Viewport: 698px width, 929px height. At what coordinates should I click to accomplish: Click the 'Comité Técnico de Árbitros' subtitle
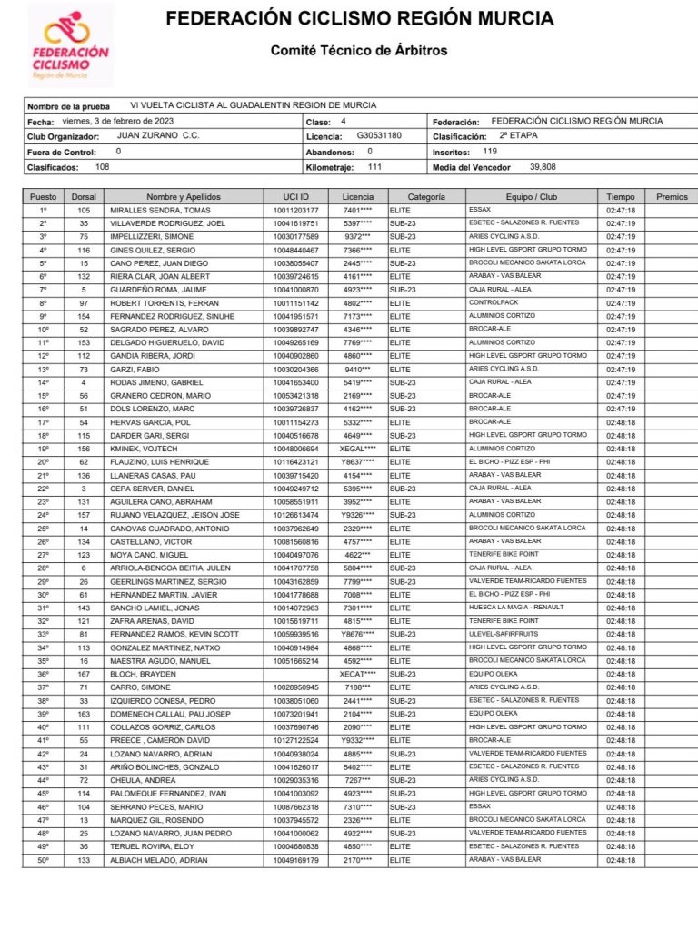tap(359, 51)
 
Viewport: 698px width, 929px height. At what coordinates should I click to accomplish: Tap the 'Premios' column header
tap(672, 196)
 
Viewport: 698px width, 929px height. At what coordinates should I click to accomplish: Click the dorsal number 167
tap(84, 675)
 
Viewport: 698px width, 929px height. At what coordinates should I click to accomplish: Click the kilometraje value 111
tap(374, 167)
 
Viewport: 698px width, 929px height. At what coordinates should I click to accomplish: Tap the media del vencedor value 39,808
tap(543, 167)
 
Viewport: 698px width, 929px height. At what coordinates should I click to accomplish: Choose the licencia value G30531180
tap(379, 135)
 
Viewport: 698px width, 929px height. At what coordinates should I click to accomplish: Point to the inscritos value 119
tap(490, 151)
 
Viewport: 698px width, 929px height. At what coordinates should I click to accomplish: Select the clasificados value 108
tap(103, 167)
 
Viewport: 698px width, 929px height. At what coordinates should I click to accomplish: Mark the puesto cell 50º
tap(43, 860)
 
